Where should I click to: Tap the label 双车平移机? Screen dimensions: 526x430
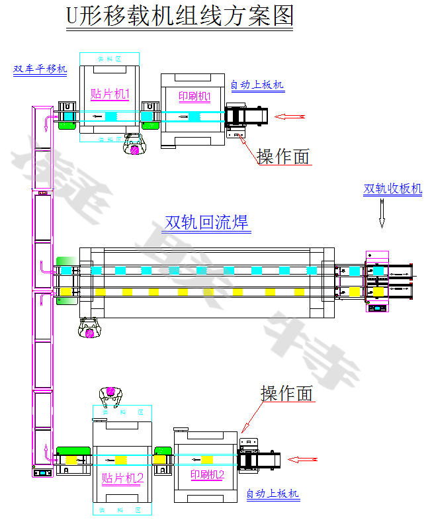40,69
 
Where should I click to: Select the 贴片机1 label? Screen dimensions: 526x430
110,94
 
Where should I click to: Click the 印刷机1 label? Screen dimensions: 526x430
194,97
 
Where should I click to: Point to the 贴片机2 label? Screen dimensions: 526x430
122,478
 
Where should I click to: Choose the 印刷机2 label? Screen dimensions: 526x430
207,475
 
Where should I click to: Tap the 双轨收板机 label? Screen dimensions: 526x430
392,189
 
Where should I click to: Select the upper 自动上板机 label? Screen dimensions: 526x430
257,84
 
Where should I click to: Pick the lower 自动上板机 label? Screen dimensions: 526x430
273,494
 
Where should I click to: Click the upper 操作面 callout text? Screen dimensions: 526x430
284,156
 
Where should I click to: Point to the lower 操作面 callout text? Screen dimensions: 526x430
287,394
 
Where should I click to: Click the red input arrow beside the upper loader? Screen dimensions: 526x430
290,116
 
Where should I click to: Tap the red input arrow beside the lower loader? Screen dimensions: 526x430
304,459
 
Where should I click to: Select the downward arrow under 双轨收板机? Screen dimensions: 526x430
382,214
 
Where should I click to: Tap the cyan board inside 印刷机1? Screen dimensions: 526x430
194,116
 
